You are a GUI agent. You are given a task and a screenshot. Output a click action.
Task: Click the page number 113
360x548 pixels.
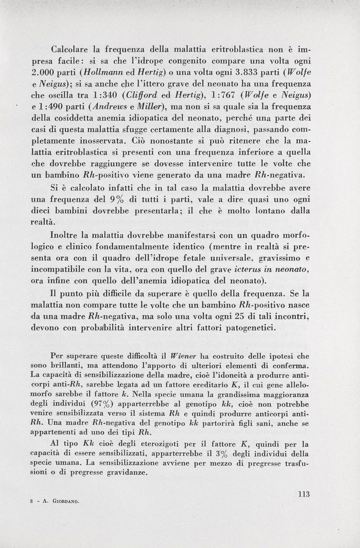pyautogui.click(x=304, y=494)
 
